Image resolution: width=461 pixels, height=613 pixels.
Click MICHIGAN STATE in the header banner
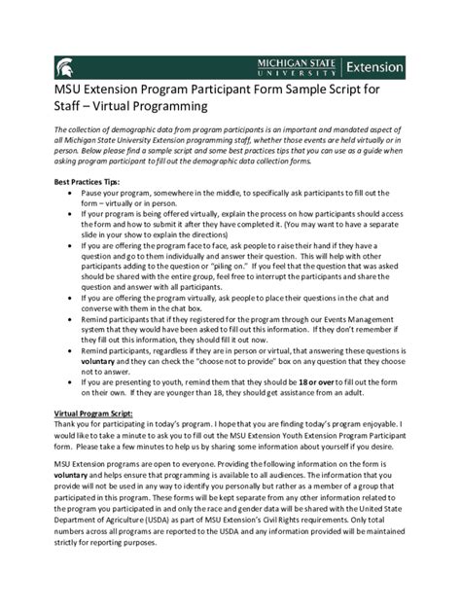(x=297, y=62)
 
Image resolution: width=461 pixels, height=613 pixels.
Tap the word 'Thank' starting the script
(x=68, y=424)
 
